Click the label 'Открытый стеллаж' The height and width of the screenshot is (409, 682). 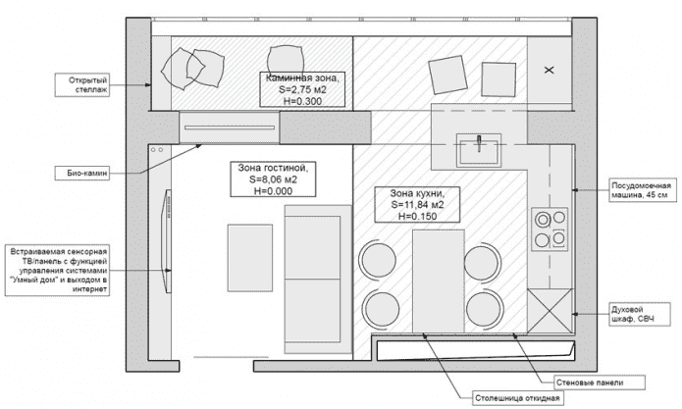click(86, 85)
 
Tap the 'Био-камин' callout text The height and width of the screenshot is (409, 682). click(86, 173)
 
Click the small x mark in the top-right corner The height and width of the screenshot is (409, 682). click(549, 69)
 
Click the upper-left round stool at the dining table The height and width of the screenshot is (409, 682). click(376, 258)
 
